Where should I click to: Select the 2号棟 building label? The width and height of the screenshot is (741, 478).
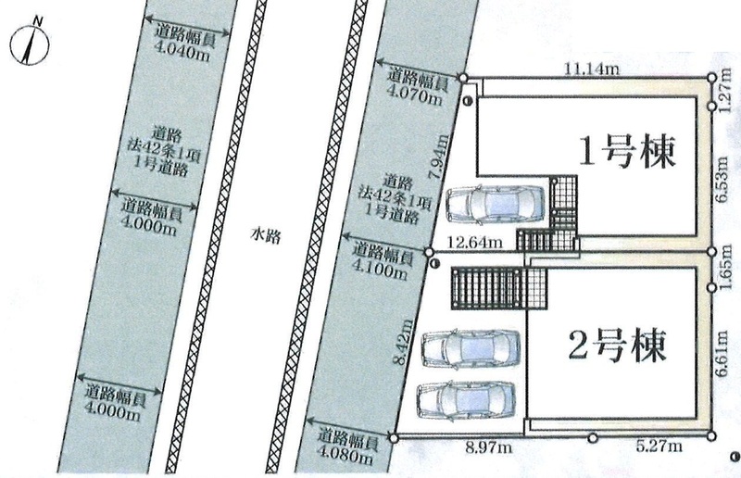618,346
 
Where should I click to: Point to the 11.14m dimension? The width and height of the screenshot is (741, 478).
592,69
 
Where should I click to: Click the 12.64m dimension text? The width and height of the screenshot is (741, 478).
475,243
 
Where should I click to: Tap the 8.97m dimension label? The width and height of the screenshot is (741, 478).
488,447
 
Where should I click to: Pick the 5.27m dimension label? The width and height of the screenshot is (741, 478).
659,446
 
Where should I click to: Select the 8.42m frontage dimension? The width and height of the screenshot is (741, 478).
403,343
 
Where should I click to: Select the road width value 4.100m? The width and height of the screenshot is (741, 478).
380,270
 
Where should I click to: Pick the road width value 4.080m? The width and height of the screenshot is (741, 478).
345,457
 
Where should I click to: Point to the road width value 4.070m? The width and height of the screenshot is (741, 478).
415,95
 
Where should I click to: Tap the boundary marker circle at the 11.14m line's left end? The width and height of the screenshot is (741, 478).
463,78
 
